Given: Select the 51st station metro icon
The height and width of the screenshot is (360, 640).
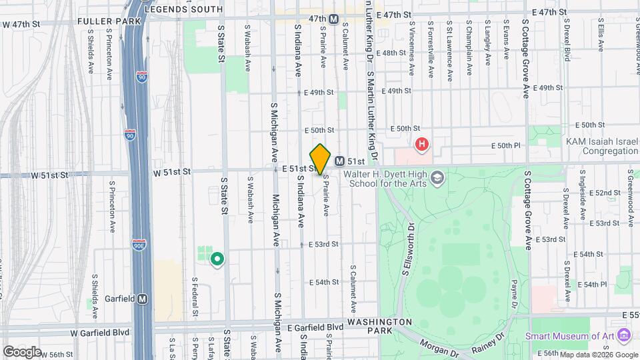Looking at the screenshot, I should pyautogui.click(x=340, y=161).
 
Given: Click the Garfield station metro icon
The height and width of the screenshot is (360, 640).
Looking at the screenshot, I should pyautogui.click(x=142, y=299).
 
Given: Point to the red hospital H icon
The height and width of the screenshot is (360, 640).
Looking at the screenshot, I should pyautogui.click(x=421, y=143).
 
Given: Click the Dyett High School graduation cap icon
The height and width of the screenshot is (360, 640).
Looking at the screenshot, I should pyautogui.click(x=437, y=178).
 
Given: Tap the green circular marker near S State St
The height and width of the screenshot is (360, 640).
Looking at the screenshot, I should pyautogui.click(x=217, y=258).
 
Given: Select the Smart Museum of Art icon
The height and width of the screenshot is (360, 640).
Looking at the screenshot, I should pyautogui.click(x=624, y=335).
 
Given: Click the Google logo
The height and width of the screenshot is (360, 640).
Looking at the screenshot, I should pyautogui.click(x=21, y=351).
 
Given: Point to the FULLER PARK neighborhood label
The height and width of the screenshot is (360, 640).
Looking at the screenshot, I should pyautogui.click(x=109, y=21).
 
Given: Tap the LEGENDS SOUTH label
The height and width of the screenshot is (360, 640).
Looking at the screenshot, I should pyautogui.click(x=183, y=9).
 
